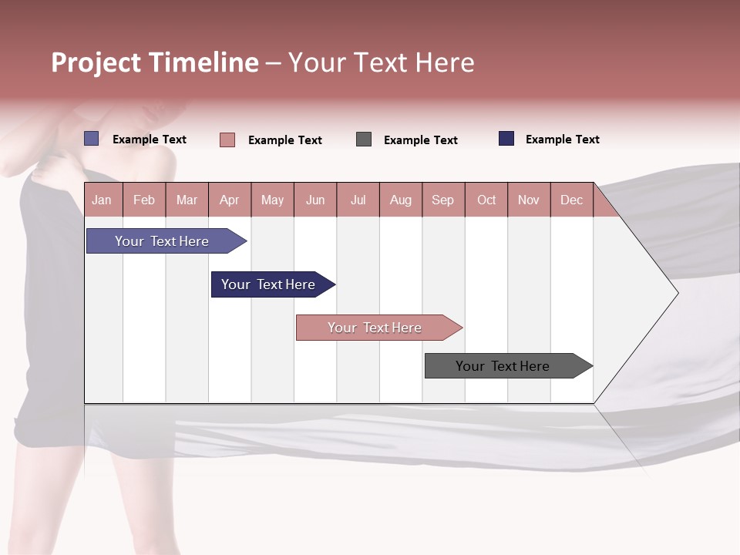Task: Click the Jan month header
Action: tap(102, 200)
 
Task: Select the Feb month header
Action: tap(144, 200)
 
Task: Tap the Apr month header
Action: tap(229, 200)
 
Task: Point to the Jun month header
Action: tap(315, 200)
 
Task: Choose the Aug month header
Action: tap(400, 200)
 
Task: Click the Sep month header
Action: tap(442, 200)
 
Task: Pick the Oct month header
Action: tap(486, 200)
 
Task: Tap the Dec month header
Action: tap(571, 200)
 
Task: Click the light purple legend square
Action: tap(92, 139)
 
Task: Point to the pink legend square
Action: tap(227, 140)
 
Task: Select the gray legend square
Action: tap(364, 140)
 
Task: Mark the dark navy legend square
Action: tap(506, 139)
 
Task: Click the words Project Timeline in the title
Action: tap(155, 62)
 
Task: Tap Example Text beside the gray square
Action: tap(421, 140)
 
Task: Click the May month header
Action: tap(272, 200)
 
